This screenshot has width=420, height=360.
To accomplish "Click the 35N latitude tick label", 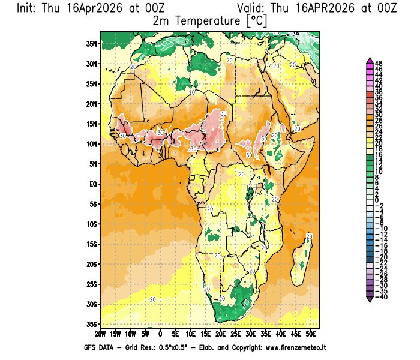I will pyautogui.click(x=92, y=44).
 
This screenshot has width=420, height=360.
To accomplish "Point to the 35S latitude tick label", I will pyautogui.click(x=92, y=324).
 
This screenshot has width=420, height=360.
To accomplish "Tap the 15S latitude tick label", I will pyautogui.click(x=92, y=244).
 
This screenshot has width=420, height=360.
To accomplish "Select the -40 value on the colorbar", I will pyautogui.click(x=380, y=296).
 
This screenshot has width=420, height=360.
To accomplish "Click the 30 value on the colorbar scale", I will pyautogui.click(x=379, y=114).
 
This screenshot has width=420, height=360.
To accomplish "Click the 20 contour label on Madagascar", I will pyautogui.click(x=309, y=237).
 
